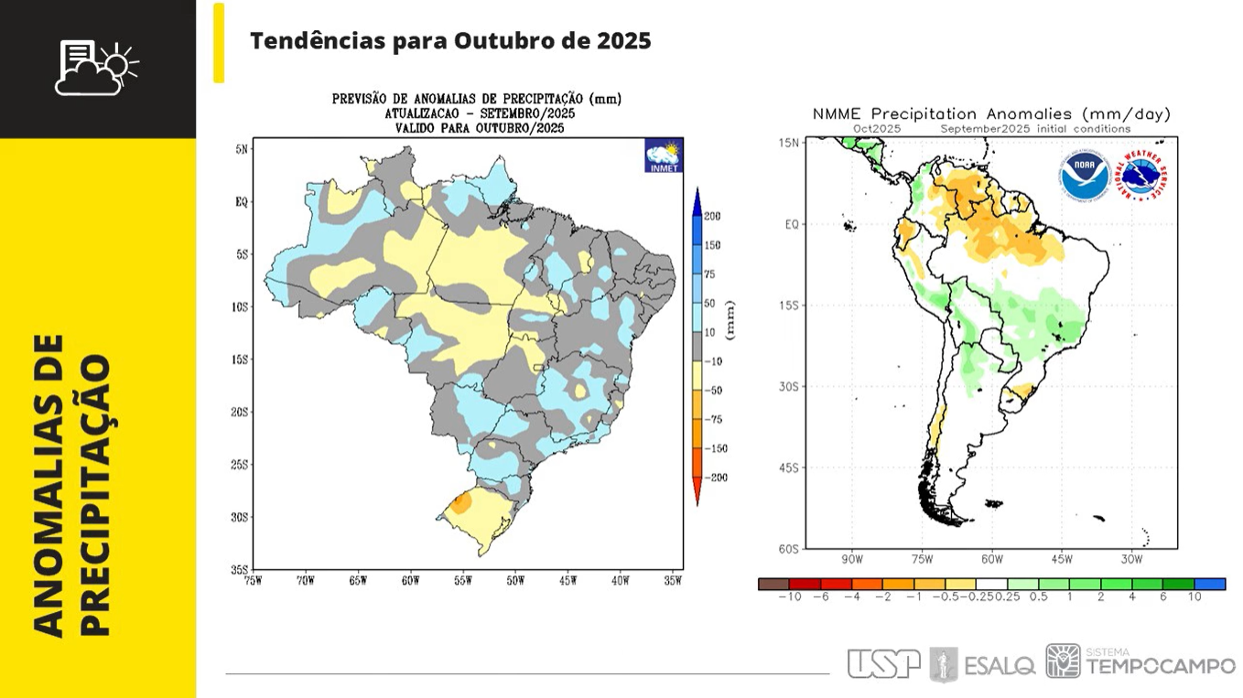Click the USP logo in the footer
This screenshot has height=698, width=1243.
coord(882,663)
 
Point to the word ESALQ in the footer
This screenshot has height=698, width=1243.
coord(1000,665)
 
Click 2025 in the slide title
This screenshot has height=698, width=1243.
coord(623,41)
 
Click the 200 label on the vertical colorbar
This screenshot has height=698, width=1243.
coord(712,216)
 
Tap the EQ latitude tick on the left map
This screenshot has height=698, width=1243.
coord(242,201)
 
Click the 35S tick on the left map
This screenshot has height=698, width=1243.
coord(239,569)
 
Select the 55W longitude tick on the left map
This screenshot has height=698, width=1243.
coord(462,580)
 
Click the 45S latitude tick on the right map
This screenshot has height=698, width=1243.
coord(789,467)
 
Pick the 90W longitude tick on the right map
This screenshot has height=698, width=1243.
coord(851,559)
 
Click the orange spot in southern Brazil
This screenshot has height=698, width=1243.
coord(461,501)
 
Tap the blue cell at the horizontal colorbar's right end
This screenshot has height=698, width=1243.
coord(1209,584)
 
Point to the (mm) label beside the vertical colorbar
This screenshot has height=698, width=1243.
coord(730,319)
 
